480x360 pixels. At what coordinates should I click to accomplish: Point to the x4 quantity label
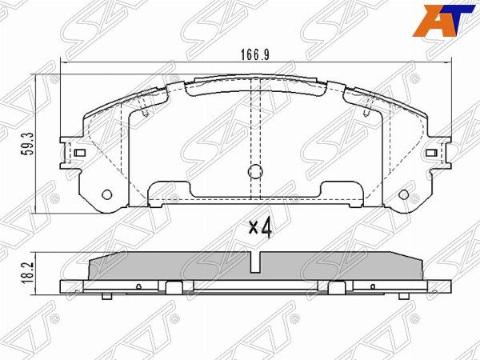[260, 228]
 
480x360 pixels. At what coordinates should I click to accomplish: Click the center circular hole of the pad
[254, 171]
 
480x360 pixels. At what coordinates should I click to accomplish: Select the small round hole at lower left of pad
[109, 194]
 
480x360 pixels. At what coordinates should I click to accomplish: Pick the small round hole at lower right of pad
[404, 194]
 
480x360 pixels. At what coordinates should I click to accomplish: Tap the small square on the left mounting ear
[80, 152]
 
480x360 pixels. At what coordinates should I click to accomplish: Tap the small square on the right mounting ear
[431, 152]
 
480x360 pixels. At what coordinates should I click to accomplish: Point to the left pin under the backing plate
[106, 298]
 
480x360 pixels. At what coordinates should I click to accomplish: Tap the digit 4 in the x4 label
[267, 228]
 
